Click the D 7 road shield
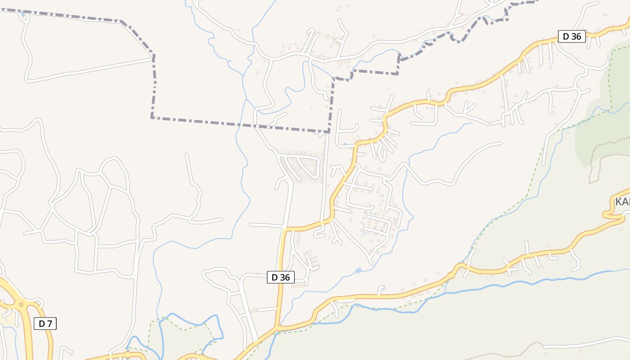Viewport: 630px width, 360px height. pos(45,323)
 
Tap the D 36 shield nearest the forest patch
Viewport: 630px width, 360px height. pos(571,36)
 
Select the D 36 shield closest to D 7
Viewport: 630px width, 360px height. pos(281,277)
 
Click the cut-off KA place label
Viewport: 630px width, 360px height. pos(622,201)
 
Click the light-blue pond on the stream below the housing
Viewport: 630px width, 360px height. pos(358,270)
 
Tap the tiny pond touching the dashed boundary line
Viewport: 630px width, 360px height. pos(22,14)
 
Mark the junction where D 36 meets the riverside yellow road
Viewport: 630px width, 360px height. pos(278,328)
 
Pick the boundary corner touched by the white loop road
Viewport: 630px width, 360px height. pos(153,57)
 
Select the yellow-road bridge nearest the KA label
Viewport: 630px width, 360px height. pos(508,270)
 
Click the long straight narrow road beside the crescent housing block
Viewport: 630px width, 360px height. pos(325,180)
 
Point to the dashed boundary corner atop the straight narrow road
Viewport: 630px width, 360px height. pos(329,132)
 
